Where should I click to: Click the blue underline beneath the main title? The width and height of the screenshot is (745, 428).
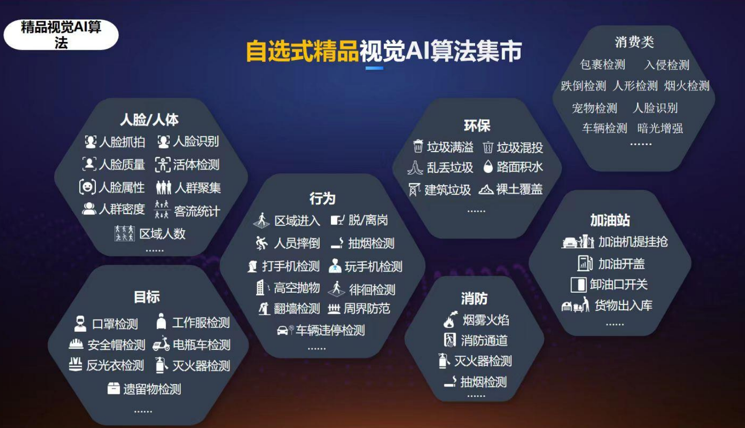[374, 68]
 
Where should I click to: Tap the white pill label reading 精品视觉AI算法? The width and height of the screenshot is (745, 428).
[61, 35]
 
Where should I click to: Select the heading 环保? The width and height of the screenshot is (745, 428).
[477, 126]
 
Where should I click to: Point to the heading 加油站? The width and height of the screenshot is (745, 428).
[610, 220]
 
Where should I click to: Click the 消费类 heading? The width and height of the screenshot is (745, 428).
[634, 42]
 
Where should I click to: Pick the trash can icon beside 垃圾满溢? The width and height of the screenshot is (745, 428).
[418, 146]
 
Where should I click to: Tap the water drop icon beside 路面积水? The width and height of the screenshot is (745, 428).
[488, 167]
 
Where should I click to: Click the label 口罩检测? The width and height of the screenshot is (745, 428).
[115, 323]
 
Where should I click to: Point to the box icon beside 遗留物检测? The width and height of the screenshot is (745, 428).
[113, 388]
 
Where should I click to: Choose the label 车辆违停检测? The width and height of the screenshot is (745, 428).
[330, 330]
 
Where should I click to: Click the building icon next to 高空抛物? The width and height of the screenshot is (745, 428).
[261, 287]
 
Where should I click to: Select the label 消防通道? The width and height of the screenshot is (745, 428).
[484, 340]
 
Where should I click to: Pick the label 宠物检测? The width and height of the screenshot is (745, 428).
[594, 108]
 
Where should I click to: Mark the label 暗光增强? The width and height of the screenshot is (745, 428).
[660, 128]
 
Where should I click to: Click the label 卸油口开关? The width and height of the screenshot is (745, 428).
[618, 284]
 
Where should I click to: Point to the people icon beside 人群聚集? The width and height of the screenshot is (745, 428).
[164, 188]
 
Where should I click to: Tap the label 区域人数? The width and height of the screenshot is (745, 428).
[162, 234]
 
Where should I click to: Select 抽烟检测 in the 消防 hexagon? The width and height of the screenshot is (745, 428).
[483, 382]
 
